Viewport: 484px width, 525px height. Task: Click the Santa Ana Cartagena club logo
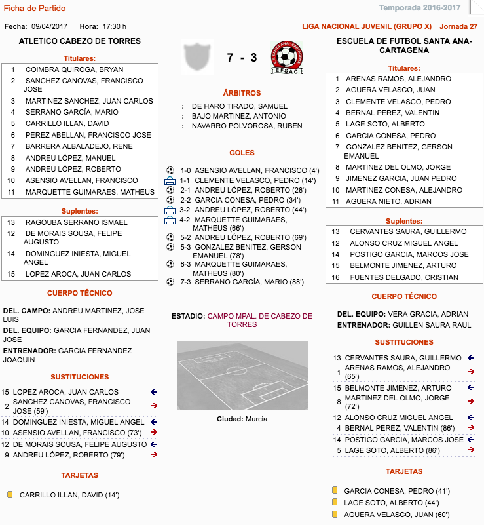pos(288,57)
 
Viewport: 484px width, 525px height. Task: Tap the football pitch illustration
pos(242,375)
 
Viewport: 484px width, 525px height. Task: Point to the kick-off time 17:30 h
pos(115,26)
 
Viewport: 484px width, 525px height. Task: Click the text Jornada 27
pos(458,26)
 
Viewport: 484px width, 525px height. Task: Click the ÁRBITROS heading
pos(242,93)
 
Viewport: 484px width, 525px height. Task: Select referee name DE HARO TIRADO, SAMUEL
pos(240,106)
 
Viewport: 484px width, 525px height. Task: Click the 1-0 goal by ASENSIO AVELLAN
pos(250,170)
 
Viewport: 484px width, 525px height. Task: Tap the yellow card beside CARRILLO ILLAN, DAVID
pos(10,495)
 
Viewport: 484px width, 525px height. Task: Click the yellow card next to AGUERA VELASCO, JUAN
pos(334,515)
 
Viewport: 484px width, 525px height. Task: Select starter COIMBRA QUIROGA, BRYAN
pos(74,69)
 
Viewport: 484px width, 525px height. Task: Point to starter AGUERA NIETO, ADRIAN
pos(388,201)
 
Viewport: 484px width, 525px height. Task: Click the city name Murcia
pos(256,419)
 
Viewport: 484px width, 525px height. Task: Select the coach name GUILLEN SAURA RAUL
pos(432,325)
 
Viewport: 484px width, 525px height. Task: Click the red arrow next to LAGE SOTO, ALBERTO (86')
pos(471,450)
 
